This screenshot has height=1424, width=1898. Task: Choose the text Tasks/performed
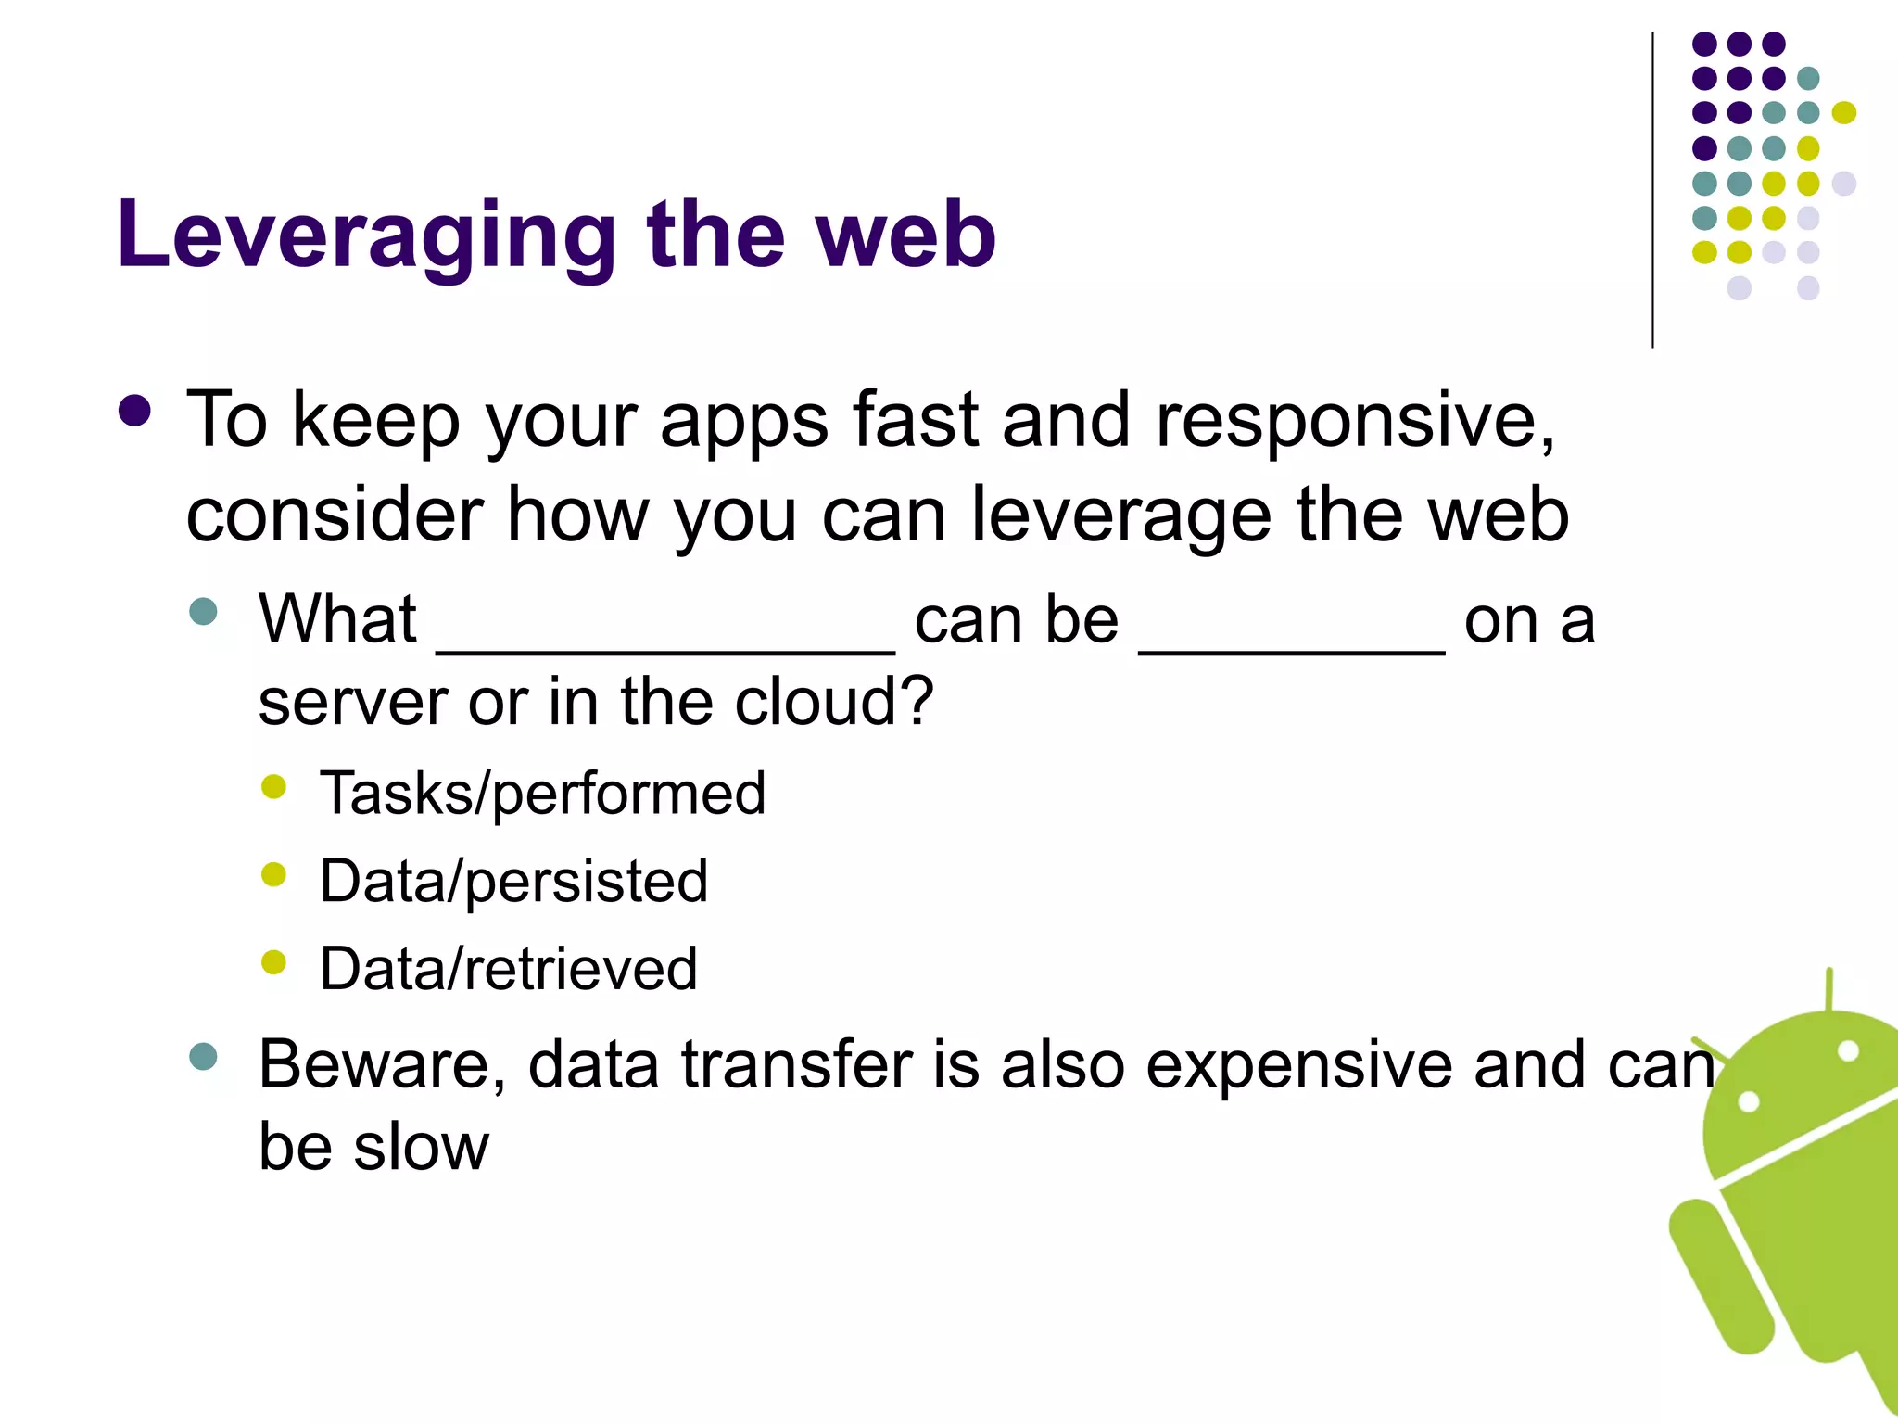pos(542,794)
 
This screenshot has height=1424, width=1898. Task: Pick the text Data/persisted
pos(513,881)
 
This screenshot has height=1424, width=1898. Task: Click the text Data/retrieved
pos(508,969)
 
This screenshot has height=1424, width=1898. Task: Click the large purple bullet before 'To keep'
pos(135,411)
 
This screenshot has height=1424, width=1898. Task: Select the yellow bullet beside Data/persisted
pos(273,874)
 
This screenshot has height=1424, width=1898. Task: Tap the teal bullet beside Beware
pos(203,1057)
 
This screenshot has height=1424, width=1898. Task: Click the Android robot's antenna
pos(1829,990)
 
